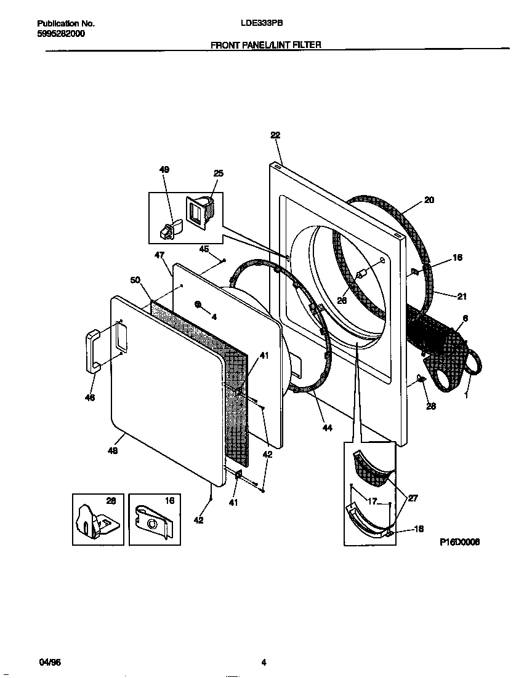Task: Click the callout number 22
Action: point(275,135)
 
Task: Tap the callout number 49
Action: point(164,170)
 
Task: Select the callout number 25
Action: point(218,173)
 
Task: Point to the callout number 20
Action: point(429,199)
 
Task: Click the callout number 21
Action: point(462,297)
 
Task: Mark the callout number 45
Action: point(204,249)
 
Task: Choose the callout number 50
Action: point(135,280)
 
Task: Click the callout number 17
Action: point(372,501)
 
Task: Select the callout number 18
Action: point(419,528)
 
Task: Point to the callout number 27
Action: point(413,498)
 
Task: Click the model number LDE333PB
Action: point(261,23)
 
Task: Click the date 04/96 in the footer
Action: point(50,663)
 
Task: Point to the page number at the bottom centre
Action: point(263,663)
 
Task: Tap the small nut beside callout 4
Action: point(199,304)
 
